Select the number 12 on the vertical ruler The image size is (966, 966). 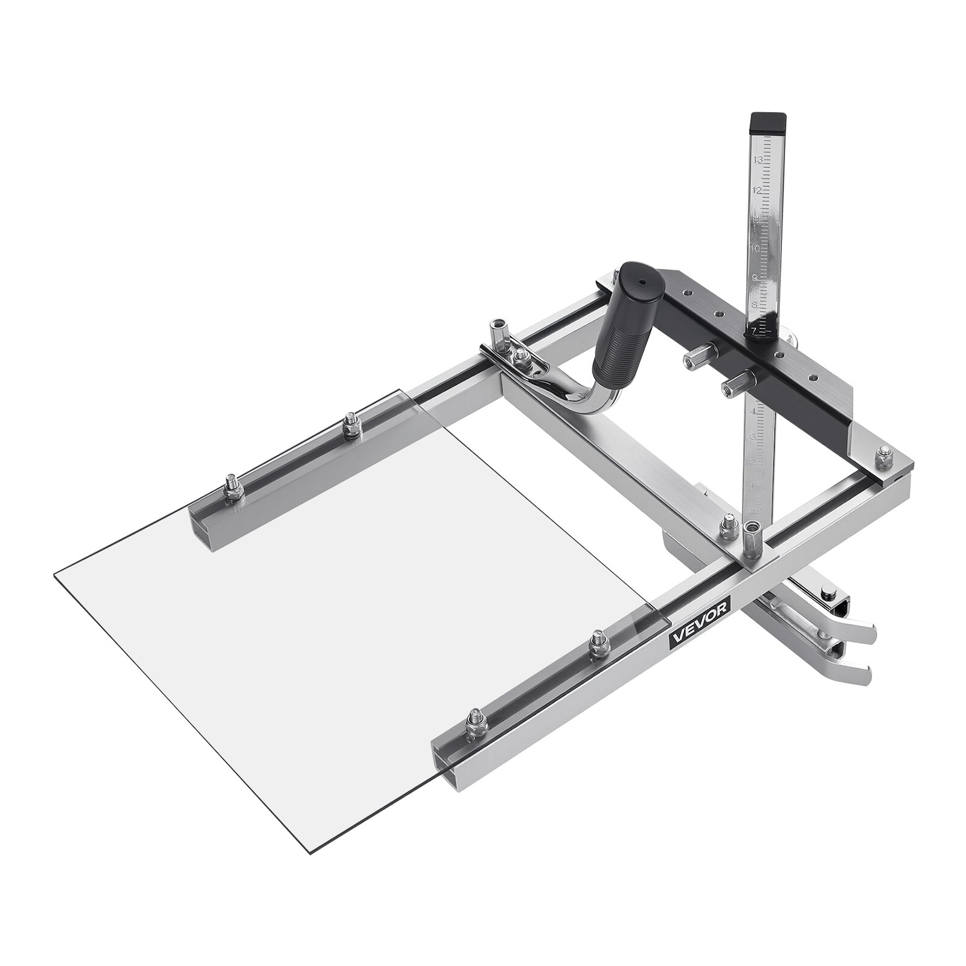pyautogui.click(x=758, y=189)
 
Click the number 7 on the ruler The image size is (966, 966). pyautogui.click(x=754, y=330)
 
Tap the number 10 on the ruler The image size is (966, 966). pyautogui.click(x=755, y=248)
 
